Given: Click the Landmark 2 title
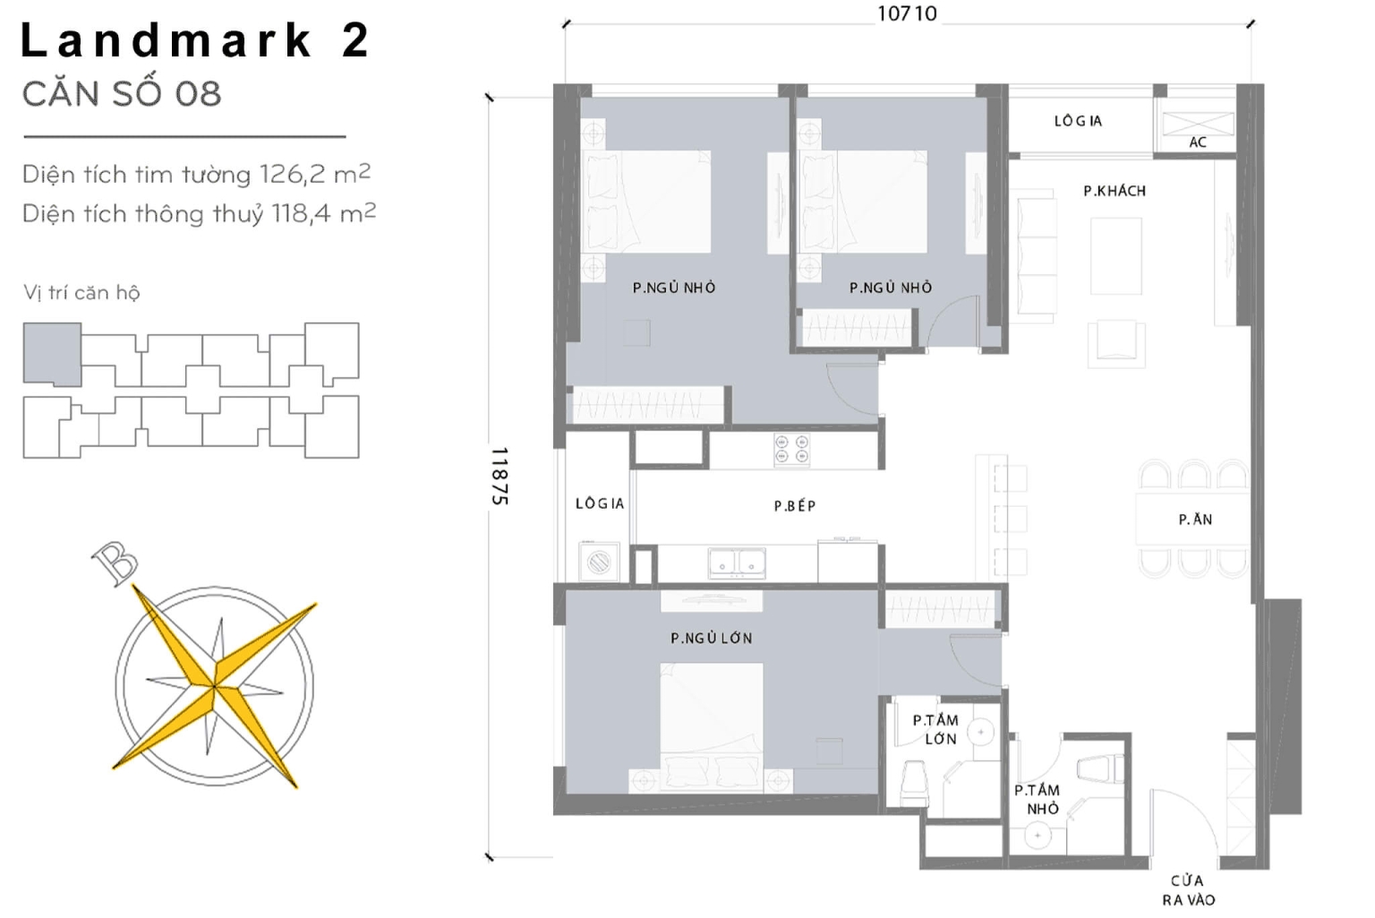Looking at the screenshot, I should click(x=194, y=41).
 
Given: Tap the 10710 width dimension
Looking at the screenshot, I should click(x=906, y=13).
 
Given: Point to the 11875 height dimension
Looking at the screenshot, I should click(x=500, y=476).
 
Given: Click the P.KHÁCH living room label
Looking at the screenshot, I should click(x=1114, y=191).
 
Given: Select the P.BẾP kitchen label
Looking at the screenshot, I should click(x=794, y=506).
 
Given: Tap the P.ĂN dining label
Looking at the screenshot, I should click(x=1195, y=519).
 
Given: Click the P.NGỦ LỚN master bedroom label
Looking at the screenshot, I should click(x=711, y=639).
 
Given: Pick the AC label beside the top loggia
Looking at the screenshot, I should click(x=1197, y=142).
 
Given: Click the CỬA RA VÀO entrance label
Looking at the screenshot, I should click(x=1188, y=890).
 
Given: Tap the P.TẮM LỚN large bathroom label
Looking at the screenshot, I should click(x=936, y=729).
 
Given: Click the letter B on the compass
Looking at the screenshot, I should click(x=115, y=564).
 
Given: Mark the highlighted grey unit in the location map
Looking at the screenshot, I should click(x=52, y=355).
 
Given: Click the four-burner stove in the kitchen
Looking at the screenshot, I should click(x=791, y=450).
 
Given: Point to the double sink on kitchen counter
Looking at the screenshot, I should click(x=737, y=562).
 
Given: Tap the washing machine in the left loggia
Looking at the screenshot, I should click(x=597, y=562).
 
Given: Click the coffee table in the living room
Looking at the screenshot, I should click(x=1115, y=255).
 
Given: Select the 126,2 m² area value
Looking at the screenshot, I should click(x=314, y=174).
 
